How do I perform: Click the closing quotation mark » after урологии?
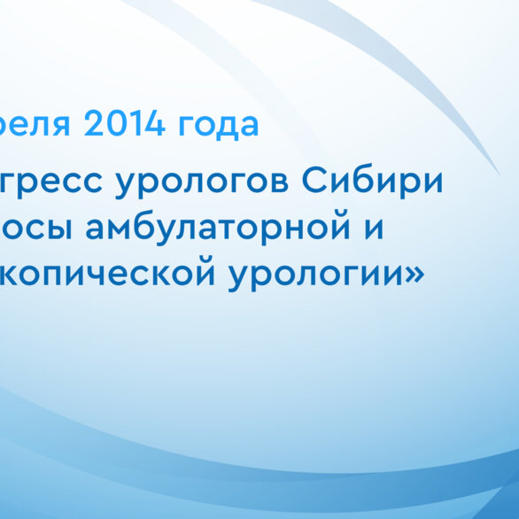(414, 275)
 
